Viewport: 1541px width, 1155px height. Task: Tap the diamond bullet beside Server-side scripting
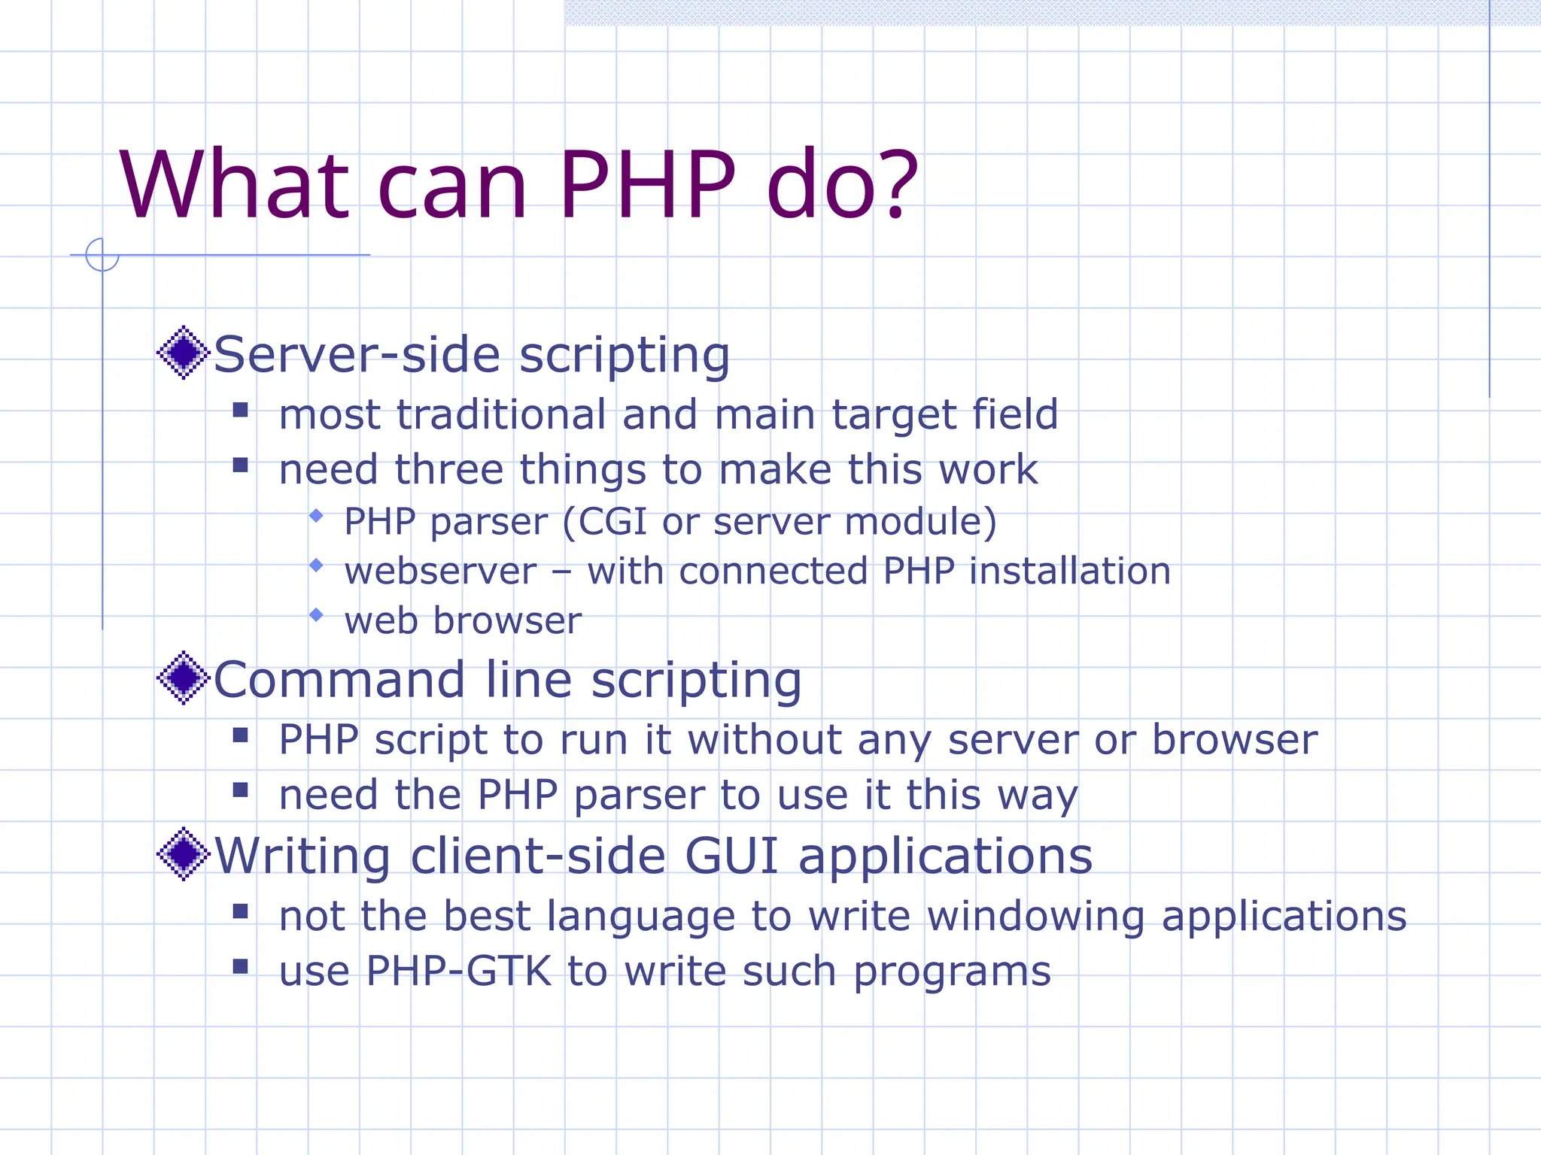(183, 352)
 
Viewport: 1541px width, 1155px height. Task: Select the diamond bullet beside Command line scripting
(183, 678)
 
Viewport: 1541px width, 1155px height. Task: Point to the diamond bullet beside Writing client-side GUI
(183, 853)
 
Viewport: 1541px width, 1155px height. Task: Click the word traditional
(501, 414)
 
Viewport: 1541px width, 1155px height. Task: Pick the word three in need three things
(448, 469)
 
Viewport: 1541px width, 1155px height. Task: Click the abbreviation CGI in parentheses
(612, 521)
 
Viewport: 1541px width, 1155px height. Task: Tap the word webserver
(441, 571)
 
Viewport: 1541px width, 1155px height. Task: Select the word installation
(1070, 571)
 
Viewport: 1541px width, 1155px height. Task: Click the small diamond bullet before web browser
(316, 615)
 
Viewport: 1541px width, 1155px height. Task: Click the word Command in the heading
(339, 680)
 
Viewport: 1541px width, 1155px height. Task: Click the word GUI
(731, 856)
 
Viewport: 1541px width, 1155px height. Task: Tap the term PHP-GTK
(459, 971)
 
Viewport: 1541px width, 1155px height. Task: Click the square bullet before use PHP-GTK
(241, 966)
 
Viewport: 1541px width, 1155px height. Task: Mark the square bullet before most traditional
(241, 410)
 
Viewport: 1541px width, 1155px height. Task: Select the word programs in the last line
(952, 972)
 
